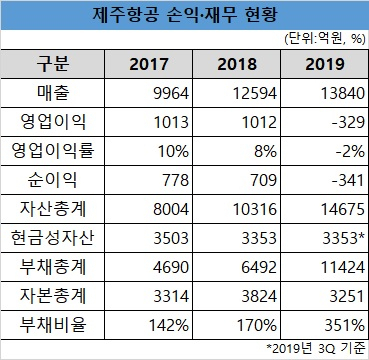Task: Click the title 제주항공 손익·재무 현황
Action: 184,15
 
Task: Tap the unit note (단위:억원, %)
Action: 325,39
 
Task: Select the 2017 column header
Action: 149,64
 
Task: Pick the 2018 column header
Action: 237,64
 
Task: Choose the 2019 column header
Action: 325,64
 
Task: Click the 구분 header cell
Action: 52,64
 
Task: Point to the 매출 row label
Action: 52,93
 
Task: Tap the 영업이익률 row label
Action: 52,151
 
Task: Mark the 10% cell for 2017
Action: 173,152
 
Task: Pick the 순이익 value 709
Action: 262,181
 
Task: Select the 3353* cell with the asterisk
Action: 343,238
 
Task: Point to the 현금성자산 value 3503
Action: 171,239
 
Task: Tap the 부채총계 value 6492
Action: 259,268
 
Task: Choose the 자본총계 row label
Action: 52,296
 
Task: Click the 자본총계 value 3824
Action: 259,297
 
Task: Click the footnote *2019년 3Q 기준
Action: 315,349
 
